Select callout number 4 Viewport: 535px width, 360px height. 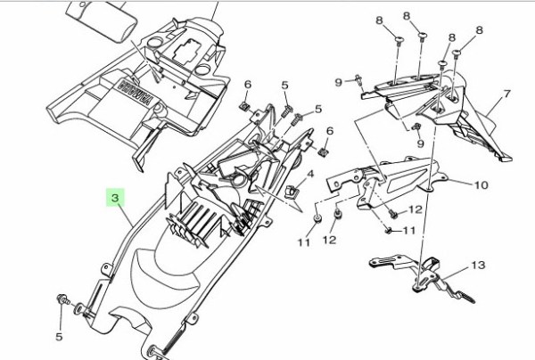(x=310, y=175)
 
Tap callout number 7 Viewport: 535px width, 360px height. (x=506, y=94)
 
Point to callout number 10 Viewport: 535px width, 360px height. (x=481, y=186)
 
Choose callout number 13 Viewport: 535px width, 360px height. (x=477, y=266)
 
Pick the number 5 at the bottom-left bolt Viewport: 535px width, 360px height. (x=61, y=337)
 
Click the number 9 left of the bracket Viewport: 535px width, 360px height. (x=339, y=82)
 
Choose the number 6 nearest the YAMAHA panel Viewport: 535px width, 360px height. (x=247, y=85)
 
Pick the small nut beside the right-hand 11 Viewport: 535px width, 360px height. (x=391, y=231)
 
